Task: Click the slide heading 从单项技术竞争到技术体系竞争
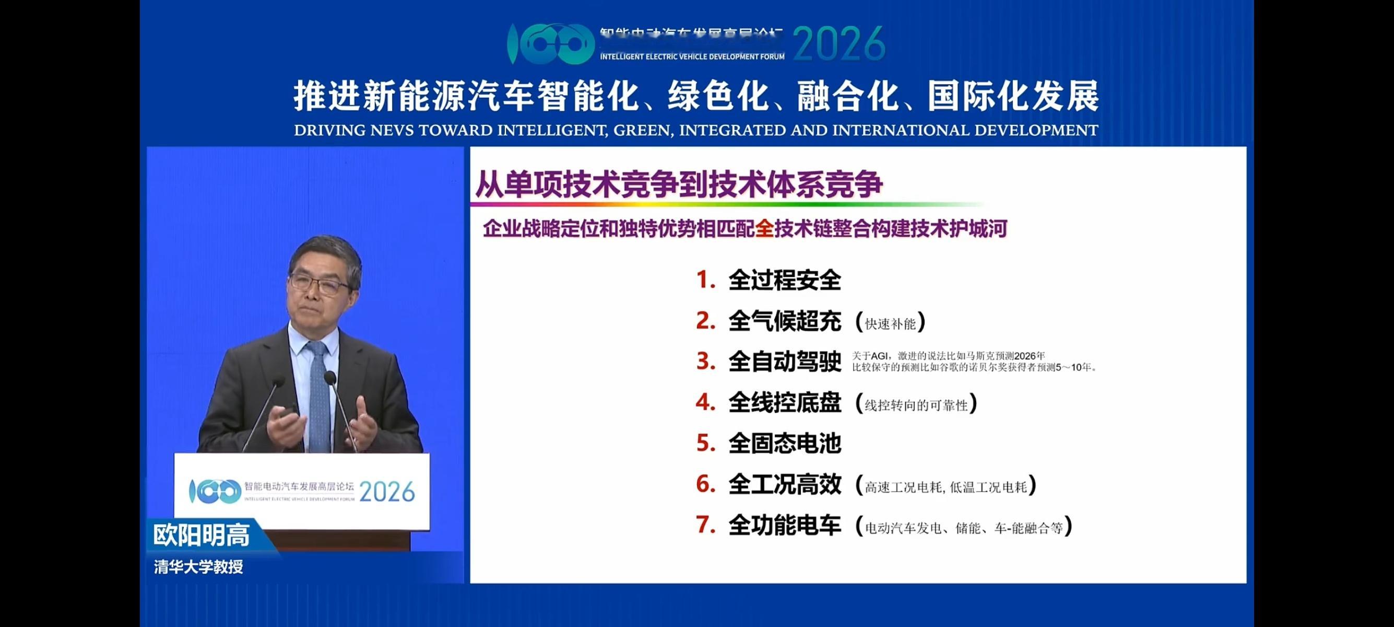(679, 185)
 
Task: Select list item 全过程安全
(784, 281)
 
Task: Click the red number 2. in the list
(706, 321)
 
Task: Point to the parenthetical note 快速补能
(890, 324)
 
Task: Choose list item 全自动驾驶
(784, 362)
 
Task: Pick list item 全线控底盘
(784, 403)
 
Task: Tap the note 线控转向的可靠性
(916, 405)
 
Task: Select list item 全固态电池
(784, 444)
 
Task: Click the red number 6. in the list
(706, 484)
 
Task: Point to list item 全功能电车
(784, 525)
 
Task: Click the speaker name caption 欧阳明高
(202, 536)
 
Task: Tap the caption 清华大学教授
(198, 567)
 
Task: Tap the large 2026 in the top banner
(839, 43)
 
